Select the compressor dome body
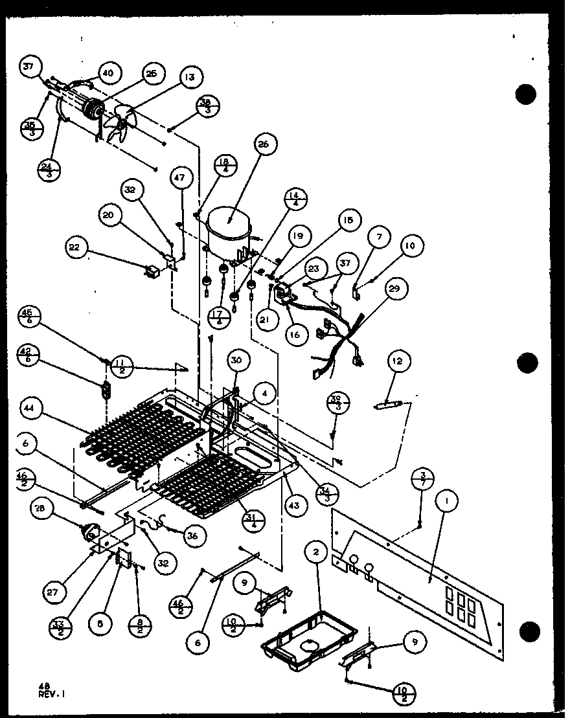[x=227, y=228]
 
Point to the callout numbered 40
[x=108, y=73]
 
